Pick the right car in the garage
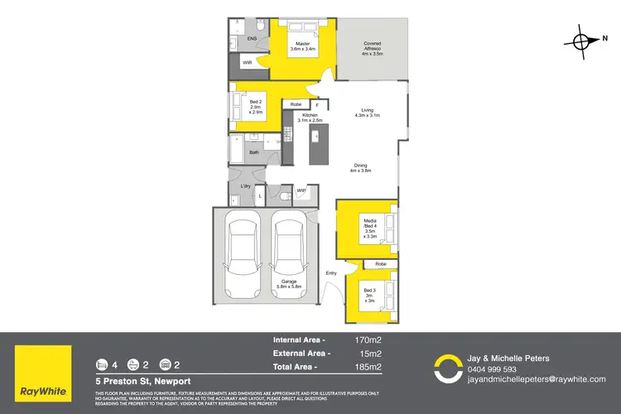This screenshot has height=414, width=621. pos(288,255)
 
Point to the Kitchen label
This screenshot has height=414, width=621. pos(310,117)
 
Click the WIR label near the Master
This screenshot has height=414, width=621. pos(246,63)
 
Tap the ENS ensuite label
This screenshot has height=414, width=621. pos(253,37)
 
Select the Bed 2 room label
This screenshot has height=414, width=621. pos(256,108)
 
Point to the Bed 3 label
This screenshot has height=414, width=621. pos(369,295)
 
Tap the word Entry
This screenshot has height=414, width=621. pos(331,272)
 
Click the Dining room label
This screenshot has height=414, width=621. pos(360,167)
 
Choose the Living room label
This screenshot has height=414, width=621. pos(367,112)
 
